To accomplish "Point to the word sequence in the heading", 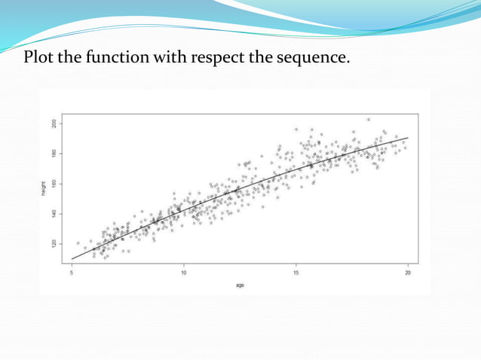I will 315,58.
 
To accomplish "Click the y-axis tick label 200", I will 54,123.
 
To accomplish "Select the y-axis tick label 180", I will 54,153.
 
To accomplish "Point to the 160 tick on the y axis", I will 54,183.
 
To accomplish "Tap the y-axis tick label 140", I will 54,213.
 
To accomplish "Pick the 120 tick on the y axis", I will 54,243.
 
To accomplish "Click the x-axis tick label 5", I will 72,273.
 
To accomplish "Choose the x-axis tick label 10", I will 184,273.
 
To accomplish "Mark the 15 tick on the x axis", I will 296,273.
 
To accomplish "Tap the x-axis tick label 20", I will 408,273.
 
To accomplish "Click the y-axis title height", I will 44,191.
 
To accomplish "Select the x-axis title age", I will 240,285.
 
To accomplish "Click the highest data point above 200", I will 368,119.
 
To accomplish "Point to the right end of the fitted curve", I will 408,138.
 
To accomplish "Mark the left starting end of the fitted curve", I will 72,259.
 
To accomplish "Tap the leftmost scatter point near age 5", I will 78,243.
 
